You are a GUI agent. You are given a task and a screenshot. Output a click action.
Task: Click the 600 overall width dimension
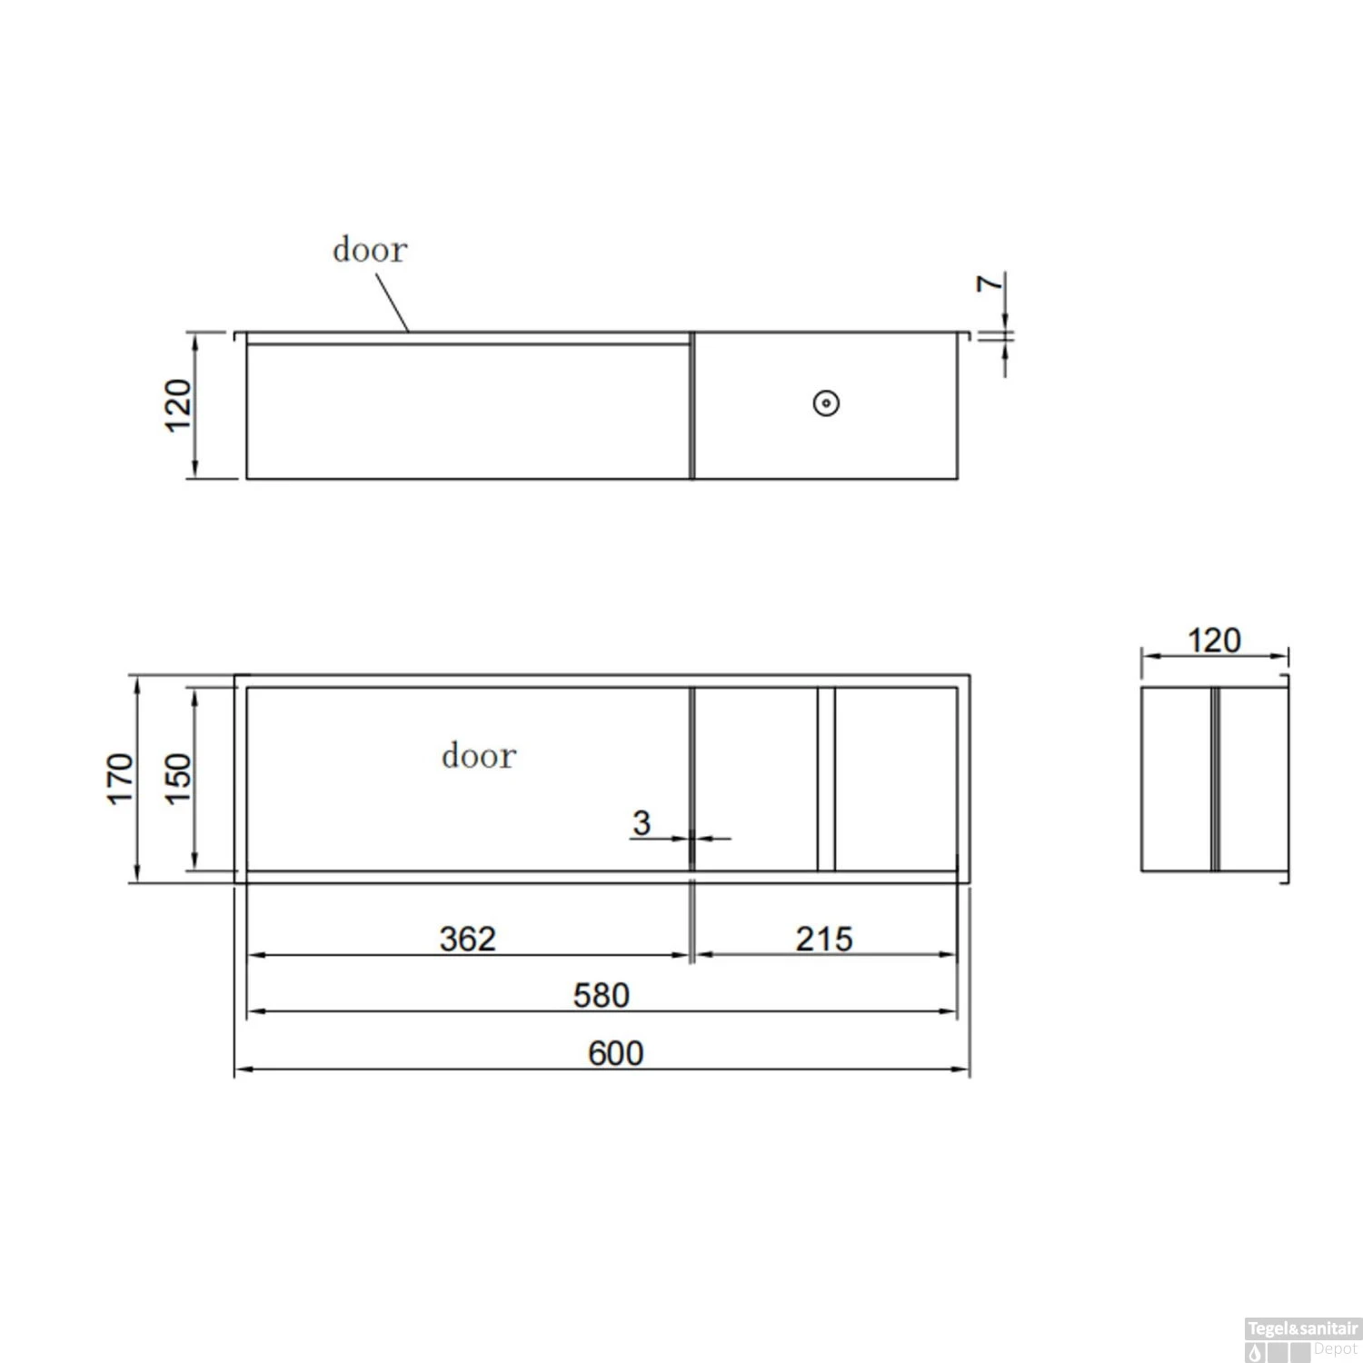point(615,1053)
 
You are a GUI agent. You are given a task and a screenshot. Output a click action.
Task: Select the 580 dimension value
point(601,996)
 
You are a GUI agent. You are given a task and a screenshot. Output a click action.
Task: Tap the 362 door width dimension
point(467,939)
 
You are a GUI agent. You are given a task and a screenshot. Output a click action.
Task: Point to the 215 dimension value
point(823,939)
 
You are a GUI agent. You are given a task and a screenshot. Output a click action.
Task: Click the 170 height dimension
point(121,778)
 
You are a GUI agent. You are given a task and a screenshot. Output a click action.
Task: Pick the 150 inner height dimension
point(178,778)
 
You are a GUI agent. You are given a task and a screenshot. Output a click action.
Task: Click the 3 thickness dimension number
point(642,823)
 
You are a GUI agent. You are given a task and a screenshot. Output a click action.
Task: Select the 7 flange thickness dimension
point(990,284)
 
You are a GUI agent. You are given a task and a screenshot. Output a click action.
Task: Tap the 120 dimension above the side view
point(1214,641)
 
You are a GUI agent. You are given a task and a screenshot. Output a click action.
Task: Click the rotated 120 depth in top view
point(178,405)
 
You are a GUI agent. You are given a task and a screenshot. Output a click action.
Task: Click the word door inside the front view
point(478,756)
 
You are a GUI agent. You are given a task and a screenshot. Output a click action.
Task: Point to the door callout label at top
point(369,250)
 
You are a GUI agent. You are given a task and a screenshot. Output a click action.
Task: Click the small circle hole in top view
point(826,403)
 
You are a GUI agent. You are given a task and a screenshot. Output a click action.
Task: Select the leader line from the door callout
point(393,303)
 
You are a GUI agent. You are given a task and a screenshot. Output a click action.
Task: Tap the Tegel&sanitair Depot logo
point(1302,1339)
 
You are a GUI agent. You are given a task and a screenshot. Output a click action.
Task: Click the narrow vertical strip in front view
point(826,779)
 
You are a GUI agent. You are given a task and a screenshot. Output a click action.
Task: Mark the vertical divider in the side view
point(1214,779)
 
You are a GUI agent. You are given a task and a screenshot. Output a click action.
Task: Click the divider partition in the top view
point(691,405)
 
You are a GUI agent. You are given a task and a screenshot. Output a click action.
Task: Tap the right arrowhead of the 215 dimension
point(950,955)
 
